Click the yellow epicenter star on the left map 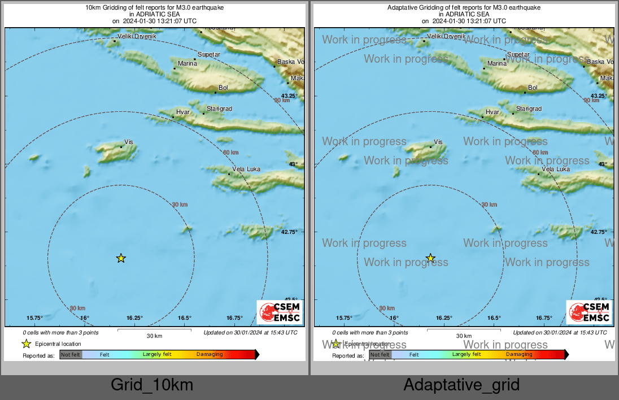121,258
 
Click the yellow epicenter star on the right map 430,258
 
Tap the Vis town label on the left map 128,142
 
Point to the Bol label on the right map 533,88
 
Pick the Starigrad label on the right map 529,108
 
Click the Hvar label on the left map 182,112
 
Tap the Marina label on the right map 497,64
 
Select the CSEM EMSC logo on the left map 280,312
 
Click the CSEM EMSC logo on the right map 589,312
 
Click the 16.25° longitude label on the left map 134,318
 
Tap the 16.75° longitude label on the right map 544,318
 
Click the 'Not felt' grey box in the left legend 71,355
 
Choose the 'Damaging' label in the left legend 210,354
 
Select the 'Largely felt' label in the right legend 467,354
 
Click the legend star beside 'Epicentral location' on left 26,344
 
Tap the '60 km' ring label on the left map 230,153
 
